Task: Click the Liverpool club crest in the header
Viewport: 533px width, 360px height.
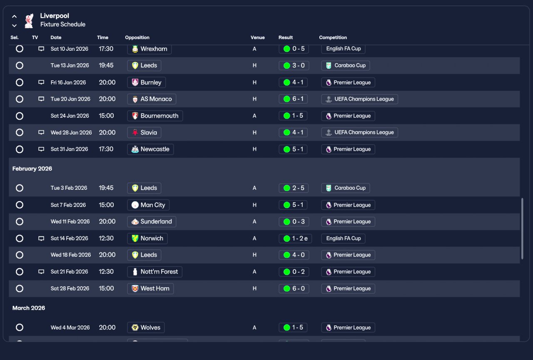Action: [29, 21]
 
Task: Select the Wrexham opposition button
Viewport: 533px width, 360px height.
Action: [149, 49]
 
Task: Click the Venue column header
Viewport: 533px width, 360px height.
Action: [257, 37]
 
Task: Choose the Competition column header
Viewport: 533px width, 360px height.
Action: [333, 37]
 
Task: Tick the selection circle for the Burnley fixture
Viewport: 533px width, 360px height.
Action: [20, 82]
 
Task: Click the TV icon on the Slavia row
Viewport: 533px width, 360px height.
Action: [41, 132]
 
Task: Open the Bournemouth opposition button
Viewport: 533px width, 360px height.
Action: [155, 116]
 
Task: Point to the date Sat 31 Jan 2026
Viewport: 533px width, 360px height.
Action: [69, 149]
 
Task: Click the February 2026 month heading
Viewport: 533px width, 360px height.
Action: [32, 169]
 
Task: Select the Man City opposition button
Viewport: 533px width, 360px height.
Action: [148, 205]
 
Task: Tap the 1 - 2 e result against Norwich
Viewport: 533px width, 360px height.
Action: [295, 238]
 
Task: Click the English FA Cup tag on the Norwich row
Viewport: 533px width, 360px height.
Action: [343, 238]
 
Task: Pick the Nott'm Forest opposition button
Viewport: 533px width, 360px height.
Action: [154, 272]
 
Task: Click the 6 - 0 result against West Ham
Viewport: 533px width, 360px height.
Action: [294, 288]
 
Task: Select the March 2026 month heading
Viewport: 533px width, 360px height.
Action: [29, 308]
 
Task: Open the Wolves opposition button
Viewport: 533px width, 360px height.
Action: [146, 328]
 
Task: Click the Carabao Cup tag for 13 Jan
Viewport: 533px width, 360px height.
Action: [346, 65]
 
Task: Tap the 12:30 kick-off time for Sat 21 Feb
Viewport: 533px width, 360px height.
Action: [106, 271]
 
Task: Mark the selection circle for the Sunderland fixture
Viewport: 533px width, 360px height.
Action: [20, 221]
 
